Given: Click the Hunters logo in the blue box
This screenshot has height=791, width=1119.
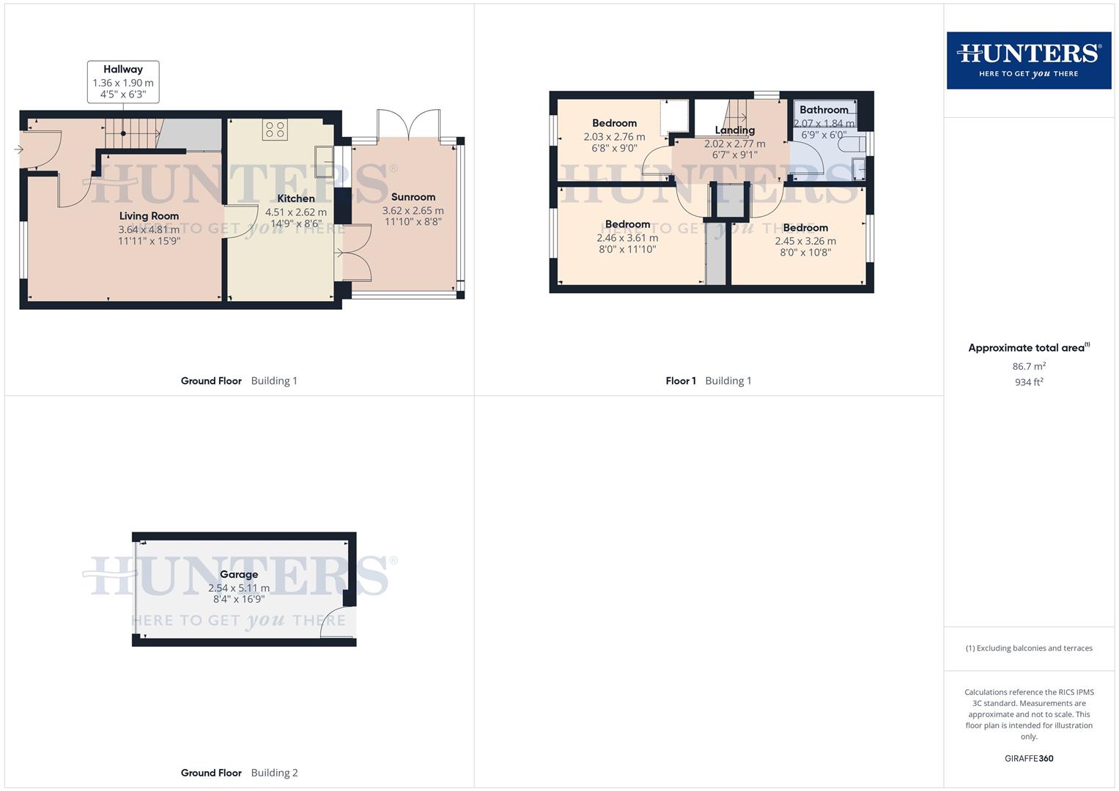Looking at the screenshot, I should pos(1028,60).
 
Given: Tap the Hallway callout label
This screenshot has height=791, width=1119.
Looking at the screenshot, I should pos(123,70).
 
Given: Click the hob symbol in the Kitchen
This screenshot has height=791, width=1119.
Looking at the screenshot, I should pos(276,130).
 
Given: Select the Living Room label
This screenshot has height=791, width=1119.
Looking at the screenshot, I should pos(149,216).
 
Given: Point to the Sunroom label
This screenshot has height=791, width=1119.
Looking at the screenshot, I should pos(413,197).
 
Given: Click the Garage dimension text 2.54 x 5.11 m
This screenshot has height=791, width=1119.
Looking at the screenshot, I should pos(239,587).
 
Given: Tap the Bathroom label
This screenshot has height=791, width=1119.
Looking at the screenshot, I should pos(824,110).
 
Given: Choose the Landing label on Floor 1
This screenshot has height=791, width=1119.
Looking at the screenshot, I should pos(734,130).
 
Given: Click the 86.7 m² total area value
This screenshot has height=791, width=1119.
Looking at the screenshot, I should pos(1029,366).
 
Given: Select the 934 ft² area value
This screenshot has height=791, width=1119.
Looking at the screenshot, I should pos(1029,382).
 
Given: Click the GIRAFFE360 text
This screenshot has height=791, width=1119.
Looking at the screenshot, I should pos(1029,759).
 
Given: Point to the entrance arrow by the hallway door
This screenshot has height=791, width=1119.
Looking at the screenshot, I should pos(18,150).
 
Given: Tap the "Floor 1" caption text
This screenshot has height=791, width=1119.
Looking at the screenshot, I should pos(681,381).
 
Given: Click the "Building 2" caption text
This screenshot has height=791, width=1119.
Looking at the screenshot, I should pos(274,773).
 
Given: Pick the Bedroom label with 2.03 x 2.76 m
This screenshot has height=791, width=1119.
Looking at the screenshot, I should pos(614,123).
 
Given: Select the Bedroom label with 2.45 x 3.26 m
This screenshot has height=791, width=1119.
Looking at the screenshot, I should pos(805,228).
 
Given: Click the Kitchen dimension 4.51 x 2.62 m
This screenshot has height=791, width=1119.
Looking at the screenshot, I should pos(296,212).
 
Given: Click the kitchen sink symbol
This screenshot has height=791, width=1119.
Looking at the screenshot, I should pos(322,157).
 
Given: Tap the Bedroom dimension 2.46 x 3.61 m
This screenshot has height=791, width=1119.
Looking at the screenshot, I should pos(627,237).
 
